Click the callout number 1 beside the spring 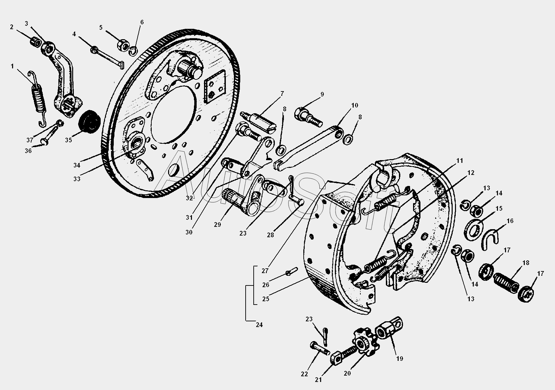click(x=12, y=66)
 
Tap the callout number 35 click(x=68, y=140)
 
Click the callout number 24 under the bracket click(x=259, y=325)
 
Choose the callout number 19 click(x=400, y=358)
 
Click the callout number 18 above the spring click(x=526, y=263)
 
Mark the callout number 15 click(x=499, y=208)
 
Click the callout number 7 click(x=282, y=94)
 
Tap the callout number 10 click(x=355, y=105)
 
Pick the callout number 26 click(x=266, y=285)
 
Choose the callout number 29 click(x=217, y=224)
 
